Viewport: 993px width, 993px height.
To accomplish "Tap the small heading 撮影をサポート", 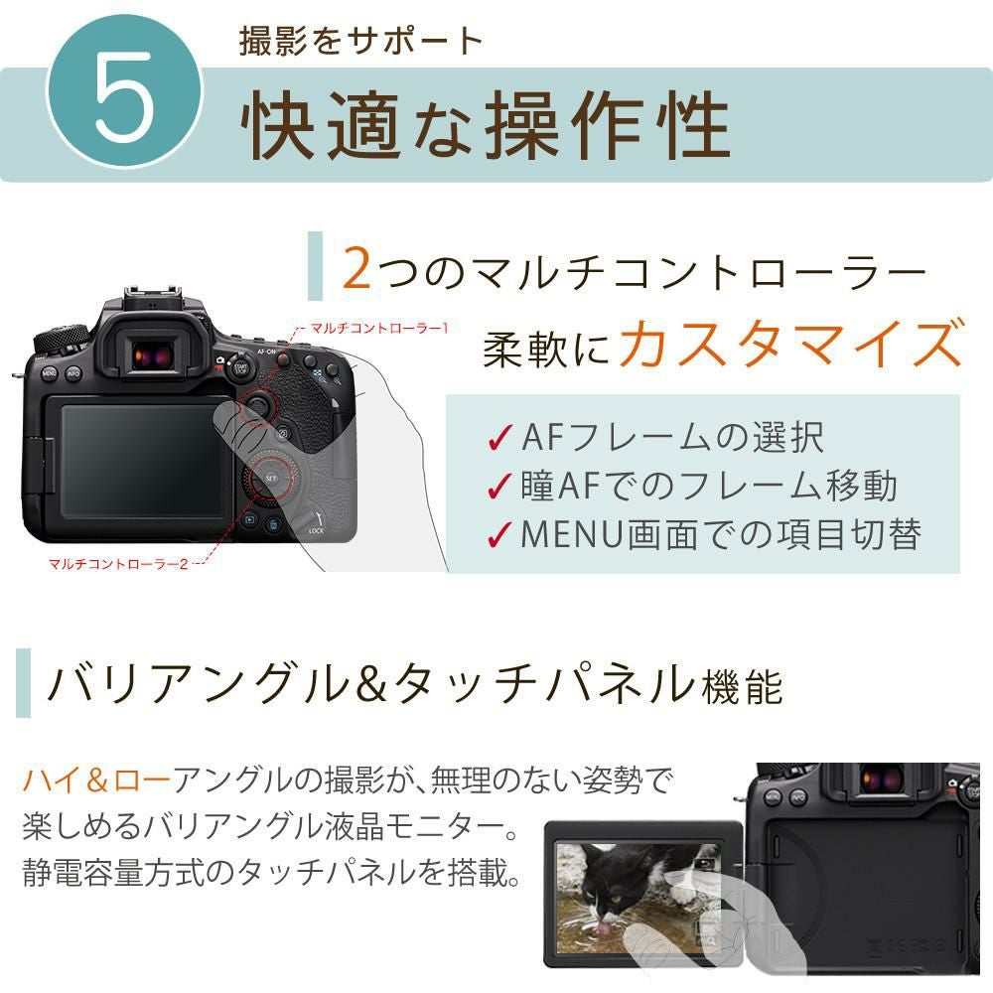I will coord(361,41).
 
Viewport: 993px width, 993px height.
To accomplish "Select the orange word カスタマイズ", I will coord(791,345).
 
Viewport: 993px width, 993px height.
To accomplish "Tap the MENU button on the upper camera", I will coord(49,374).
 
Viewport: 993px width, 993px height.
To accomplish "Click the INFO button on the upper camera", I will coord(73,374).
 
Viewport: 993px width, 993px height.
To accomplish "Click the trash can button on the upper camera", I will coord(272,522).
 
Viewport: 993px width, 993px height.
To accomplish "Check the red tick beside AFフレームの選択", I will coord(499,438).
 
